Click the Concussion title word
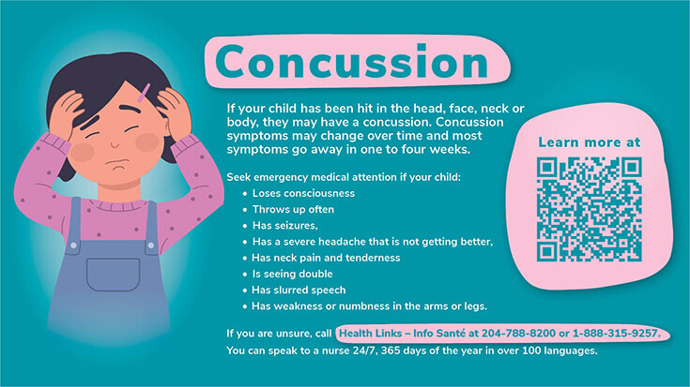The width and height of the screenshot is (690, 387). click(352, 62)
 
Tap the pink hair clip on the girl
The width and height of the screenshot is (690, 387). click(144, 92)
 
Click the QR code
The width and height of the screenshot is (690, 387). click(589, 209)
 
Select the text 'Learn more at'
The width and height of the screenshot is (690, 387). click(590, 142)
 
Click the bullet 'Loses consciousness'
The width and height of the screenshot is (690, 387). click(303, 193)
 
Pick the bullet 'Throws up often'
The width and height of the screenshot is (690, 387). click(293, 210)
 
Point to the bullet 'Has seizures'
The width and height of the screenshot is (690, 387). click(284, 226)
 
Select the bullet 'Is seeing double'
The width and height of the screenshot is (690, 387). click(292, 275)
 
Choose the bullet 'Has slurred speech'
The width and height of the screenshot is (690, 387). click(299, 290)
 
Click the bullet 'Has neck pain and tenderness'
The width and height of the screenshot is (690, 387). click(326, 258)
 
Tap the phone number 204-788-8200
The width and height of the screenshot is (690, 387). click(518, 334)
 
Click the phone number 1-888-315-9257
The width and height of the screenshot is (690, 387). click(616, 334)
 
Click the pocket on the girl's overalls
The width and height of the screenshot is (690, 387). click(113, 275)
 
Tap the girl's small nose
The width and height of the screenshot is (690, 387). click(115, 143)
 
